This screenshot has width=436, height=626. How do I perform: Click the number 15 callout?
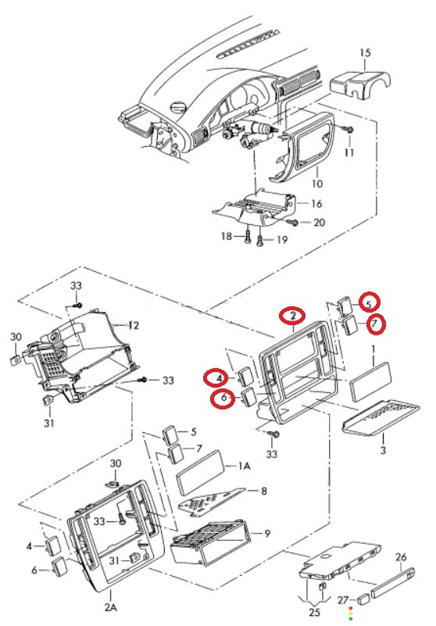[365, 52]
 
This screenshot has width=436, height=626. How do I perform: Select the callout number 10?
[317, 184]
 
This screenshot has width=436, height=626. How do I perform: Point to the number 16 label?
[316, 204]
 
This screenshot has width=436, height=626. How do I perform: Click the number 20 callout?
[319, 223]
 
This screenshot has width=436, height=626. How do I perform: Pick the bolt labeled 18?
[248, 236]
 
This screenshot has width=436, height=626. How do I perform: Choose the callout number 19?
[282, 240]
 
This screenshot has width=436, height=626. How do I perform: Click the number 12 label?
[134, 326]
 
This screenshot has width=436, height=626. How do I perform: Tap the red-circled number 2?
[293, 316]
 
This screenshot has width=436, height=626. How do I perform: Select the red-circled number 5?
[370, 303]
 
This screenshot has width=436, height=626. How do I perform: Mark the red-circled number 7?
[375, 324]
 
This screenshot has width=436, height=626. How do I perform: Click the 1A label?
[245, 466]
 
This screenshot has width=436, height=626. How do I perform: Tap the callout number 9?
[267, 533]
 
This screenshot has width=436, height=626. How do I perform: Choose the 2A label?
[111, 608]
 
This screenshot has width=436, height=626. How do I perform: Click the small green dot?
[351, 619]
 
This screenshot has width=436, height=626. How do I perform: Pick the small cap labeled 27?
[363, 599]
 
